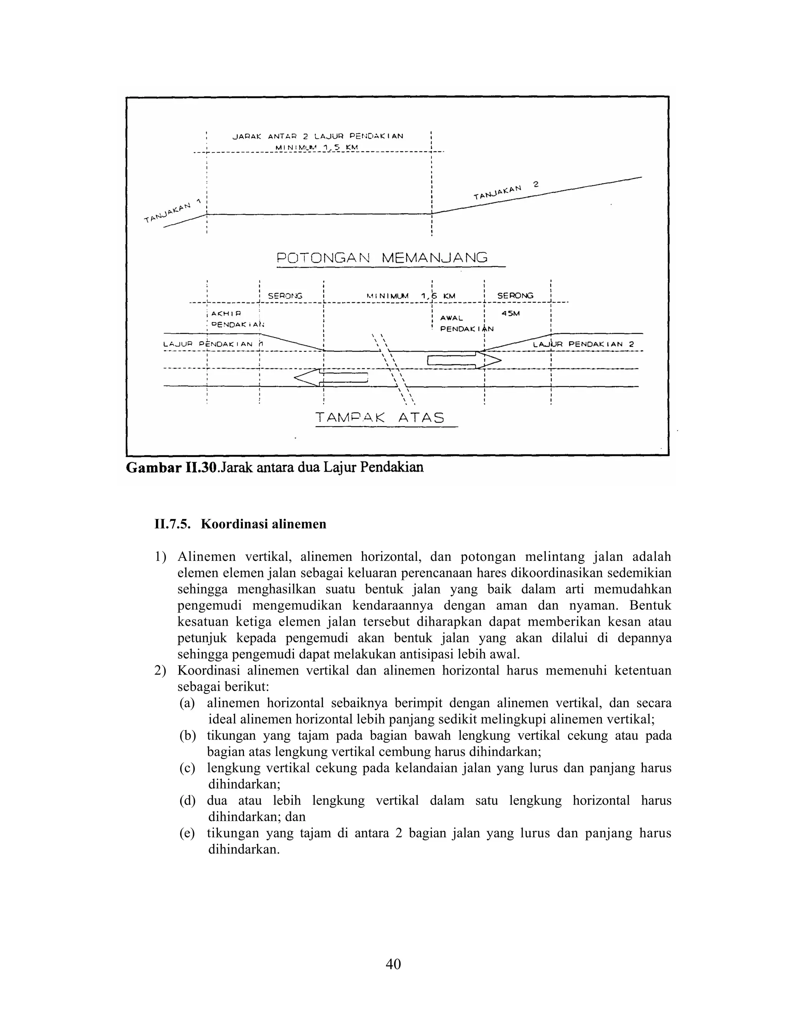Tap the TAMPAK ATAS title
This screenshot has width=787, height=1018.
coord(380,417)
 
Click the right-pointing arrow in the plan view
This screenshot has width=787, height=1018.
coord(464,360)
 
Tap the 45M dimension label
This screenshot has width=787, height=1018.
coord(511,314)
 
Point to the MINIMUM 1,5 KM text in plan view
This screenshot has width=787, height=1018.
coord(410,296)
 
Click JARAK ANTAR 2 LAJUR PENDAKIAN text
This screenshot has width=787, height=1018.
coord(317,137)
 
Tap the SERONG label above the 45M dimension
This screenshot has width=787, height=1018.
coord(515,295)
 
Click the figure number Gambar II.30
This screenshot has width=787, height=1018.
coord(171,468)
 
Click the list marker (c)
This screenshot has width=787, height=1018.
coord(188,768)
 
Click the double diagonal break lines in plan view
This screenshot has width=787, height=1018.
coord(394,368)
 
